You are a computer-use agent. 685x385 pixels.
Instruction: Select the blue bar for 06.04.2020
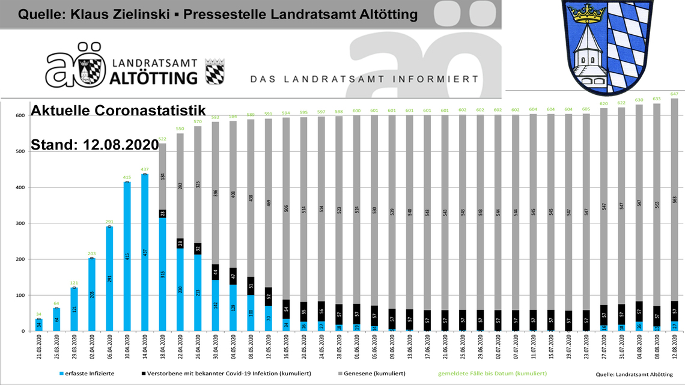point(109,279)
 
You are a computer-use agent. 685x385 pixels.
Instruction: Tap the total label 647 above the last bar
point(674,94)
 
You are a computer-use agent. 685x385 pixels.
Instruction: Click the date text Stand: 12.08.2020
point(94,145)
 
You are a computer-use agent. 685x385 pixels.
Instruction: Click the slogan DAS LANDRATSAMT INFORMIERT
point(364,79)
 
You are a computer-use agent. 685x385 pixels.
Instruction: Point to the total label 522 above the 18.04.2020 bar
point(162,139)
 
